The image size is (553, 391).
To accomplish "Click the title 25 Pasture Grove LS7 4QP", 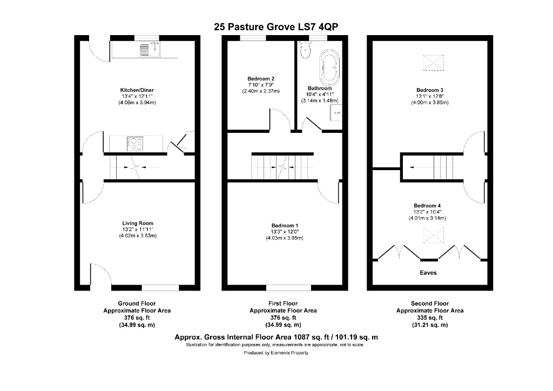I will [x=276, y=26].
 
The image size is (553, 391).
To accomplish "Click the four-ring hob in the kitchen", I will [x=135, y=144].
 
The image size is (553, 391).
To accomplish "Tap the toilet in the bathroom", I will [x=306, y=50].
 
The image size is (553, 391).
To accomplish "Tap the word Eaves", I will [x=428, y=273].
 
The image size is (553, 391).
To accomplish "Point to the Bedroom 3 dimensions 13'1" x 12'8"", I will [x=430, y=97].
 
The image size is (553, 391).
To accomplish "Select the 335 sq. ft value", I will [x=430, y=318].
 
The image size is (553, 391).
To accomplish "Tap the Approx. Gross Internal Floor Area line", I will [x=276, y=337].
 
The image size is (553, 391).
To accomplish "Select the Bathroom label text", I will [x=316, y=88].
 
